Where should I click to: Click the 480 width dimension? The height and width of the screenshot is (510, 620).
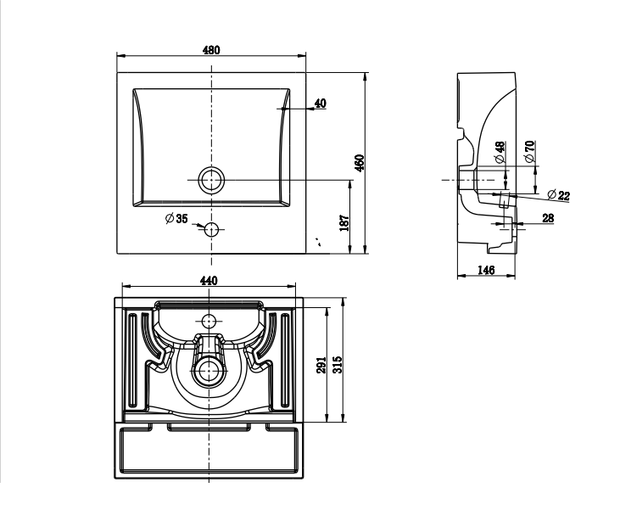tap(211, 50)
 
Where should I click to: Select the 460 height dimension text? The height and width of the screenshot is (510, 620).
tap(359, 162)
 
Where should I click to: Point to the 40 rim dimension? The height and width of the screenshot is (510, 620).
tap(320, 104)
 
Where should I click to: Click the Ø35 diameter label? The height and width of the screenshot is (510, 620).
tap(176, 219)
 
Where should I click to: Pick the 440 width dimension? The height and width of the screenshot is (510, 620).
tap(209, 281)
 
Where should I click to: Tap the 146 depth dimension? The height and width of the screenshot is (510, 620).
tap(486, 270)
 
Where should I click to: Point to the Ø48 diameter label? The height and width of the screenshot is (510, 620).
tap(500, 151)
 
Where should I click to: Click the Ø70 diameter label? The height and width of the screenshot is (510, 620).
tap(529, 151)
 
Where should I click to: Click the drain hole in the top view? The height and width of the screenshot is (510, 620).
tap(210, 180)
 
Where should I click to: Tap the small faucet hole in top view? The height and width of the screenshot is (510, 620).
tap(211, 228)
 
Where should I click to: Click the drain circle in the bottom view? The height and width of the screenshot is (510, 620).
tap(209, 370)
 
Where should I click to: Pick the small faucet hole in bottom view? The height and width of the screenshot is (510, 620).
tap(209, 322)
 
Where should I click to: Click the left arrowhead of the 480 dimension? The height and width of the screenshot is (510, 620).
tap(120, 57)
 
